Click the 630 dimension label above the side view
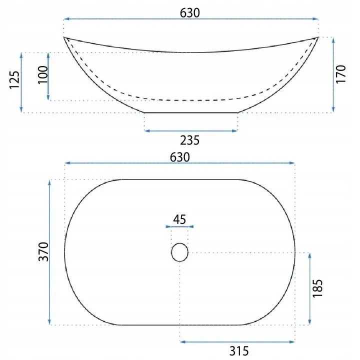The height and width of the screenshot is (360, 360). pyautogui.click(x=189, y=13)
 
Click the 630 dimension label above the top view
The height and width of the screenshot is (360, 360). pyautogui.click(x=180, y=157)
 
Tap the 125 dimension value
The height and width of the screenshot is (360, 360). pyautogui.click(x=14, y=79)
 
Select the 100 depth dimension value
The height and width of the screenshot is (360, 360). pyautogui.click(x=42, y=75)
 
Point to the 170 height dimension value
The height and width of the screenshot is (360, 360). pyautogui.click(x=341, y=74)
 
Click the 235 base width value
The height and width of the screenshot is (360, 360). pyautogui.click(x=189, y=140)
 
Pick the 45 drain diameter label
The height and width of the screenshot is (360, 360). pyautogui.click(x=179, y=219)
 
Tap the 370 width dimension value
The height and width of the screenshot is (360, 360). pyautogui.click(x=43, y=251)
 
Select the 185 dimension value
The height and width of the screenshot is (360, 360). pyautogui.click(x=318, y=288)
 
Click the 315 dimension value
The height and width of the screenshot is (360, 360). pyautogui.click(x=239, y=351)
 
